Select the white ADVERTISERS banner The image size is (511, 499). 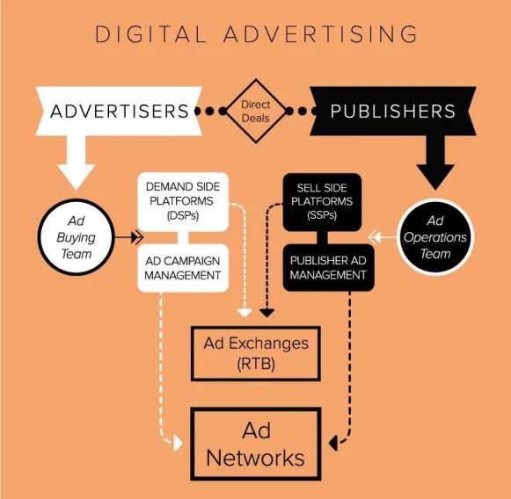[x=119, y=111]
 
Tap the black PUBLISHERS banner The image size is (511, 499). [x=392, y=111]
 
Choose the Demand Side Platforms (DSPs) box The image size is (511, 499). [x=183, y=202]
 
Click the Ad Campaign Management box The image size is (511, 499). [x=183, y=268]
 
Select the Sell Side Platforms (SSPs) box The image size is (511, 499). [x=322, y=202]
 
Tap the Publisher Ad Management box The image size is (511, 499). [x=329, y=268]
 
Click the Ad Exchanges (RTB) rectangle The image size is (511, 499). [x=256, y=353]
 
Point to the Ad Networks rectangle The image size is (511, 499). [x=256, y=444]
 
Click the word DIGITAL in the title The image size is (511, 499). [x=151, y=34]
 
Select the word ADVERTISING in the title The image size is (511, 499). [x=321, y=34]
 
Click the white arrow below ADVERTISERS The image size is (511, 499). [x=77, y=163]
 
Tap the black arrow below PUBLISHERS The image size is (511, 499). [x=435, y=163]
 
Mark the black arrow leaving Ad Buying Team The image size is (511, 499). [x=128, y=237]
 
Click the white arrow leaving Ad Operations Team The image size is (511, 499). [x=383, y=237]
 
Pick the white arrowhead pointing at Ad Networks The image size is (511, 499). [x=178, y=443]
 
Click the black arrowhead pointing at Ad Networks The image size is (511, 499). [x=333, y=443]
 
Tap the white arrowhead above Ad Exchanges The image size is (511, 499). [x=245, y=313]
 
